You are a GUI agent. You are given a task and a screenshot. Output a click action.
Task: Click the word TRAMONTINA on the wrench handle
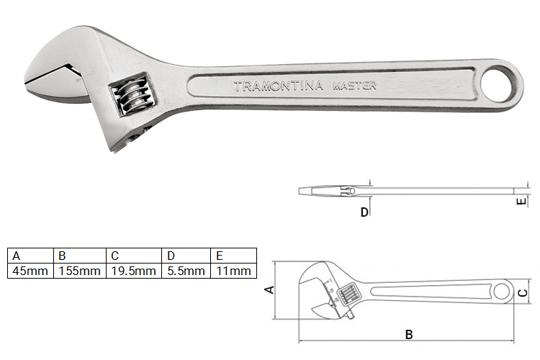tap(278, 86)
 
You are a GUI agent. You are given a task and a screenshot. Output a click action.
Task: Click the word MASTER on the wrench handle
tap(354, 86)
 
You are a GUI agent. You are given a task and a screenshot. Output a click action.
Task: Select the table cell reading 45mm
tap(30, 271)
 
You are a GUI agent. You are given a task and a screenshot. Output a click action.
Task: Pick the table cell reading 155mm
tap(79, 271)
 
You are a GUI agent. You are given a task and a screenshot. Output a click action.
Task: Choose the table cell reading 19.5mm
tap(134, 271)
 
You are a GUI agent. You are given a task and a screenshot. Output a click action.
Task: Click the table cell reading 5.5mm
tap(186, 271)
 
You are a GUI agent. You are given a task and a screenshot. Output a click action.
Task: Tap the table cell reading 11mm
tap(233, 271)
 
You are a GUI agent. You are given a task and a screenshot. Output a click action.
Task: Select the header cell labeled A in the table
tap(30, 256)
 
